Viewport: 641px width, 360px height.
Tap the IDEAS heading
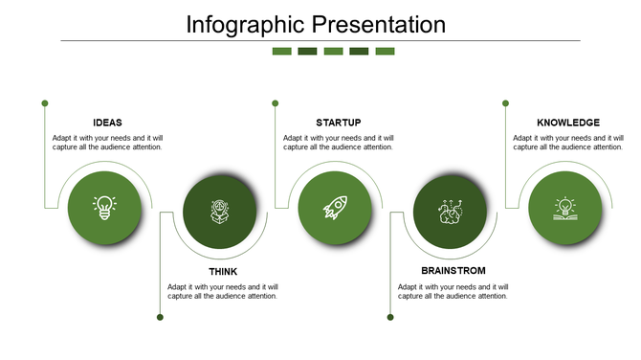point(107,123)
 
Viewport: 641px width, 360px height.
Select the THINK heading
point(223,272)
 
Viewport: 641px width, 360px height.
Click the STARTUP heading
point(338,123)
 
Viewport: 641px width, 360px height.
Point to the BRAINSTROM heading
point(453,272)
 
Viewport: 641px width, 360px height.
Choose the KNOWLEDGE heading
point(568,123)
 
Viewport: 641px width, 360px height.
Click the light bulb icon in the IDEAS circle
point(104,208)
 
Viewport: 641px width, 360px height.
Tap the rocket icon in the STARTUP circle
point(335,208)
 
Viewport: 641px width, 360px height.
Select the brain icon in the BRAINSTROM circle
point(450,212)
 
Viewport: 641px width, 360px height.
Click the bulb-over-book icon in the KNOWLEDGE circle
point(565,208)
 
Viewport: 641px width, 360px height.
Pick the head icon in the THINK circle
point(220,212)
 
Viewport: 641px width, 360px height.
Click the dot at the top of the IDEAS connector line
point(45,102)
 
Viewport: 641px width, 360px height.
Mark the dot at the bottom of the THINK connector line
point(160,317)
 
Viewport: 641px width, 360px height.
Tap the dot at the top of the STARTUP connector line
point(275,102)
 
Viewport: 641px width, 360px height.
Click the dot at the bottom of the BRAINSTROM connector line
point(390,317)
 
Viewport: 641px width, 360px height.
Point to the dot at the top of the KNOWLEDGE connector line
point(505,102)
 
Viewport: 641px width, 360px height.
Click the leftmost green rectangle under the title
point(281,51)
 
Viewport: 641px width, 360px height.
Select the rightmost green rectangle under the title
point(385,51)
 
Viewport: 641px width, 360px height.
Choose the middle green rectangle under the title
point(333,51)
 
